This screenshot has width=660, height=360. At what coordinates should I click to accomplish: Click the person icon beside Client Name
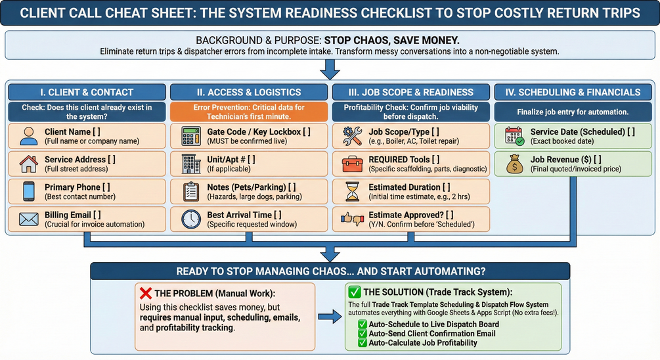click(x=29, y=136)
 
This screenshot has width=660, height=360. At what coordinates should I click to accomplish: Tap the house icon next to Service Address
click(x=29, y=163)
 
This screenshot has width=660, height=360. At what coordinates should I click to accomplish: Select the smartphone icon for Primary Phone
click(x=29, y=191)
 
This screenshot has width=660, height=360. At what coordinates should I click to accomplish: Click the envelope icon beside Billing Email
click(x=29, y=218)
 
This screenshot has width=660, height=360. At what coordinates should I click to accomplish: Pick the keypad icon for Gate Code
click(x=190, y=136)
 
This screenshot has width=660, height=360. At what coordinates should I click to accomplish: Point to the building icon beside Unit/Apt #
click(x=190, y=163)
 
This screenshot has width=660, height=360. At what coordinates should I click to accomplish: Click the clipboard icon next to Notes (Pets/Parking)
click(x=190, y=191)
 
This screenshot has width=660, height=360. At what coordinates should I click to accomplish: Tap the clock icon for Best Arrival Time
click(x=190, y=218)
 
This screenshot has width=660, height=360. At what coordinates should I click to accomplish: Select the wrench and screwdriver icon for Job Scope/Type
click(x=352, y=136)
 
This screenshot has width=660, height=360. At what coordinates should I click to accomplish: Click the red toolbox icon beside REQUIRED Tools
click(x=352, y=163)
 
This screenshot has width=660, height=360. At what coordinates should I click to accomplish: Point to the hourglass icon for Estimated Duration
click(x=352, y=191)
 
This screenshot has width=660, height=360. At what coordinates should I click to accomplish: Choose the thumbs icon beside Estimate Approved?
click(x=352, y=218)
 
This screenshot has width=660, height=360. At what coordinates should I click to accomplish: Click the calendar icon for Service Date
click(x=514, y=136)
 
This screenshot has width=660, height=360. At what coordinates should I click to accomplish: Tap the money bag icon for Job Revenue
click(x=514, y=163)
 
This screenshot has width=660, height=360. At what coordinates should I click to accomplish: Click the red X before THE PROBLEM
click(x=146, y=293)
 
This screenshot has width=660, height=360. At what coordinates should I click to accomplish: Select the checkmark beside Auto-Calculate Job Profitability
click(x=362, y=342)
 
